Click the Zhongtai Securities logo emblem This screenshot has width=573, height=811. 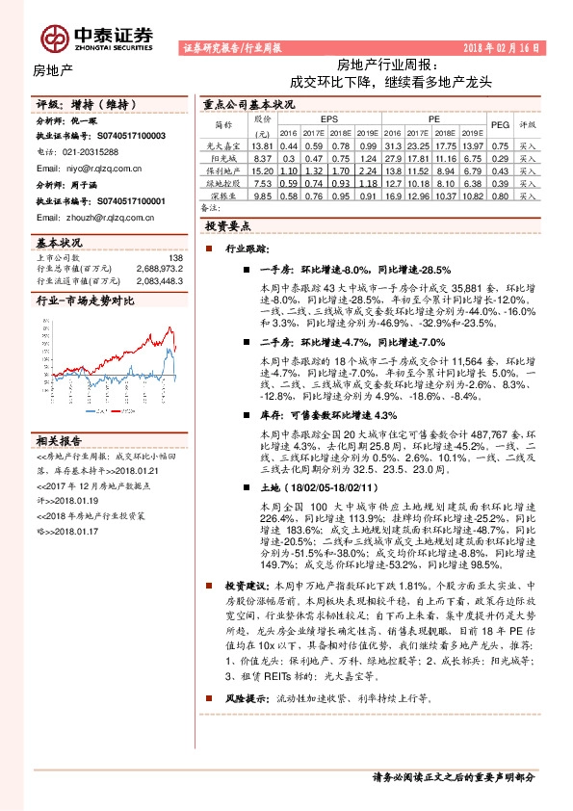pyautogui.click(x=53, y=37)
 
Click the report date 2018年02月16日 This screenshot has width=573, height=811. pyautogui.click(x=502, y=47)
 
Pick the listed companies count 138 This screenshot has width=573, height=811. pyautogui.click(x=174, y=257)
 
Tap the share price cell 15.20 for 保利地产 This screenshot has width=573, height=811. pyautogui.click(x=260, y=170)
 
